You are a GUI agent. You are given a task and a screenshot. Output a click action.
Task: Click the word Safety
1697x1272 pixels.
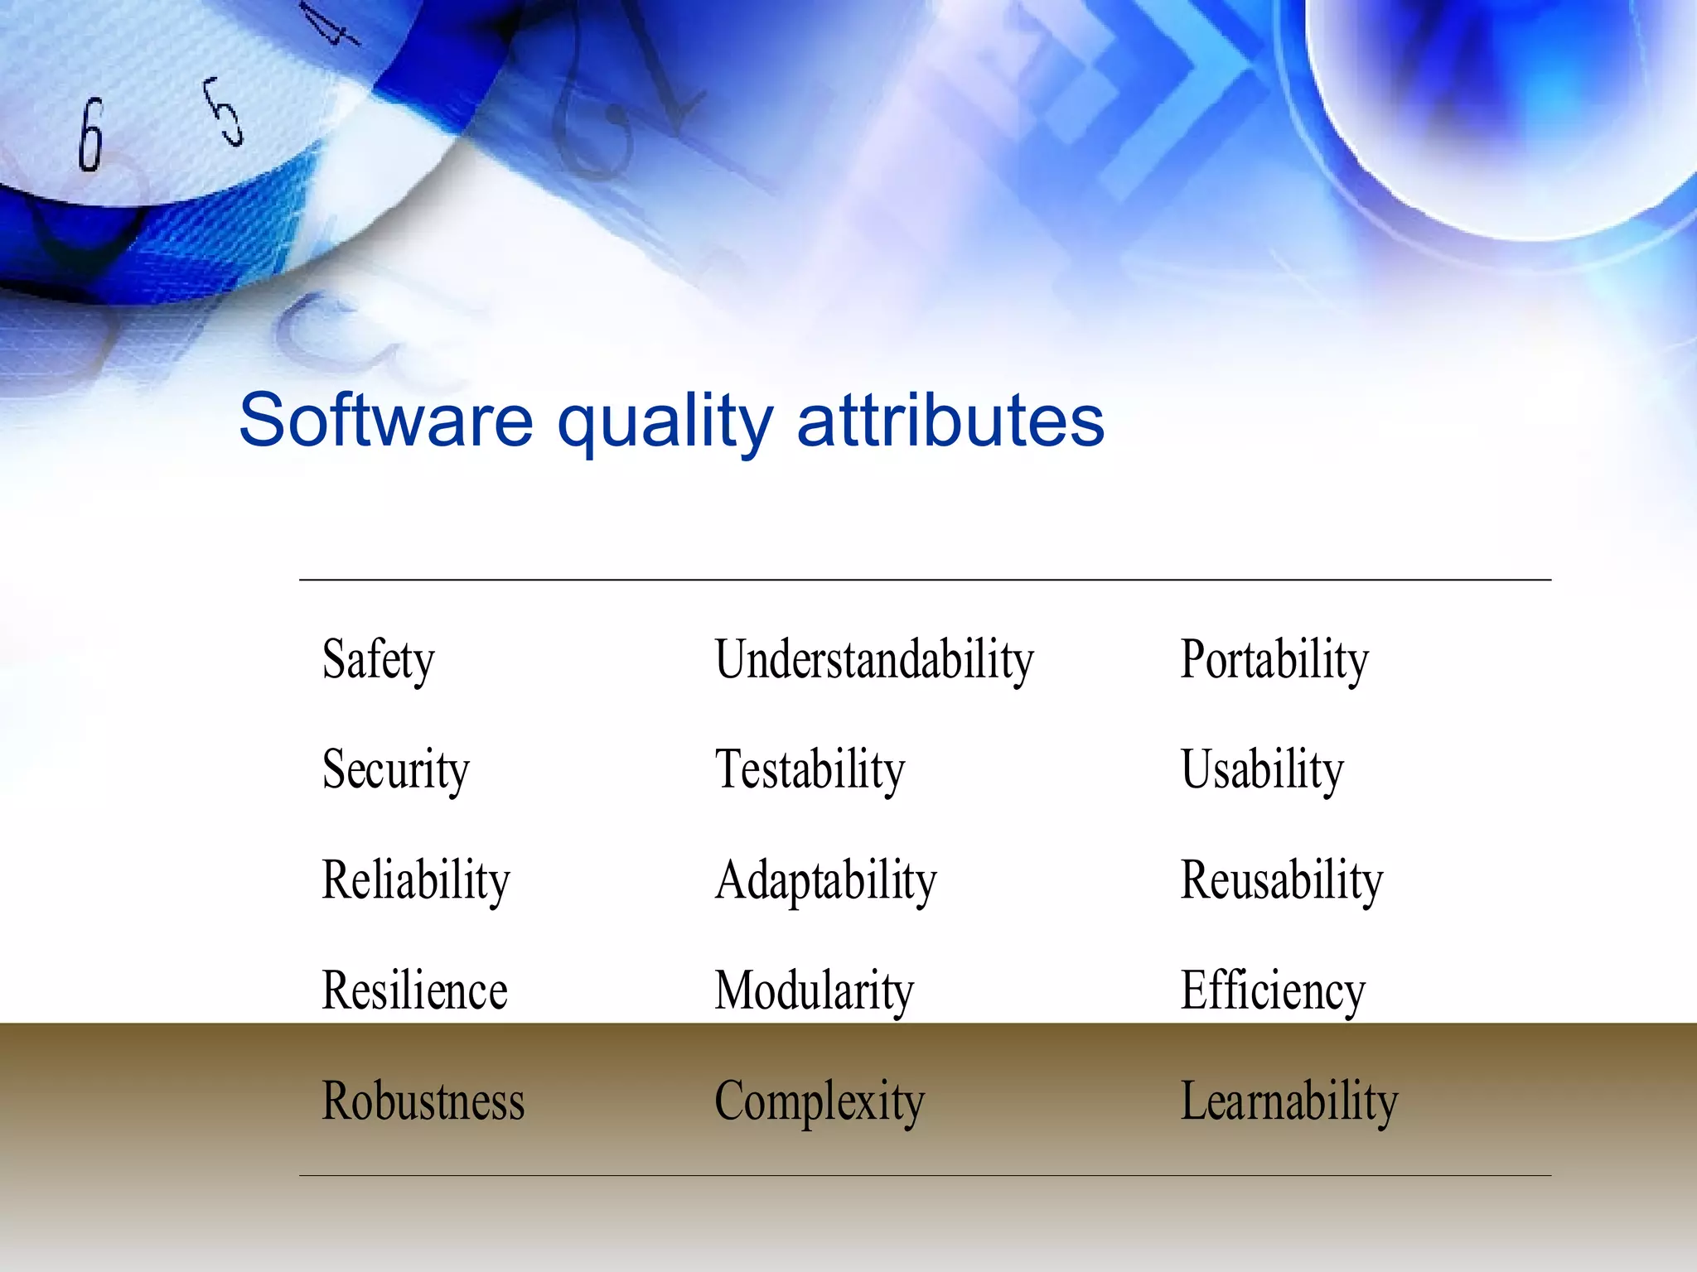(378, 659)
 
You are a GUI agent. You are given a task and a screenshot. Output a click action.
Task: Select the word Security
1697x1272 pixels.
(395, 769)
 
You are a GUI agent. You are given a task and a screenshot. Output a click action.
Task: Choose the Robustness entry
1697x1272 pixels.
(423, 1101)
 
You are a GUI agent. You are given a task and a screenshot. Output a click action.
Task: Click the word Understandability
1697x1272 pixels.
(874, 659)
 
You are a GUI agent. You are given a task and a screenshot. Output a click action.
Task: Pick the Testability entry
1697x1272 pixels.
(810, 769)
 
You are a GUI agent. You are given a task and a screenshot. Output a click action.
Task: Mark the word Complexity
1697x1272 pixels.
(819, 1101)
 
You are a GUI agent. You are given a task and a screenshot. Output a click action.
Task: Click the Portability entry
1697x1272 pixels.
(1274, 659)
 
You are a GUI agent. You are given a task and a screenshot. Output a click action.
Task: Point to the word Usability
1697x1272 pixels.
(1261, 769)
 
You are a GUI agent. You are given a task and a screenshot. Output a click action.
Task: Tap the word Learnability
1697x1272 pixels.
(1288, 1101)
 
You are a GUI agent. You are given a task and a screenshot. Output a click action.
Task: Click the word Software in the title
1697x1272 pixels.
(385, 420)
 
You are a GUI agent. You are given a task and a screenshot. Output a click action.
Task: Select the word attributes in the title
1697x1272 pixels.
(950, 420)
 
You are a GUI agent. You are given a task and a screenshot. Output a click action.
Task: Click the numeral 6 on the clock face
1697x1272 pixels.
(90, 135)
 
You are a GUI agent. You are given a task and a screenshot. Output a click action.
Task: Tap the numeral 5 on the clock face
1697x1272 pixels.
(224, 111)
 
